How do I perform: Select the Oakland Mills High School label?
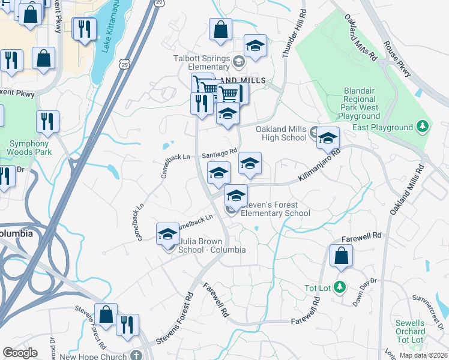click(281, 133)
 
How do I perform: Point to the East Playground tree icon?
click(424, 127)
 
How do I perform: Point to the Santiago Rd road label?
click(220, 153)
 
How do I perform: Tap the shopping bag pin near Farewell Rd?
click(341, 256)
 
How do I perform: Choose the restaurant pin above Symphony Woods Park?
click(47, 121)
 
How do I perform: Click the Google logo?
click(20, 352)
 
